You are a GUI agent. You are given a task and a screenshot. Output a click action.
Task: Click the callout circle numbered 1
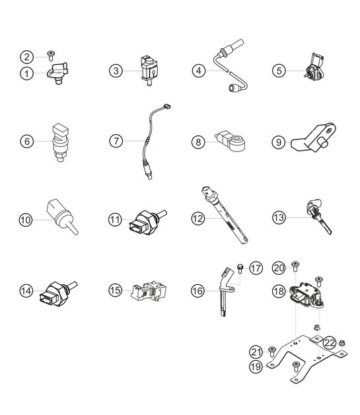tap(27, 73)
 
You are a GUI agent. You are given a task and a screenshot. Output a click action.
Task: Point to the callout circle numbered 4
tap(199, 69)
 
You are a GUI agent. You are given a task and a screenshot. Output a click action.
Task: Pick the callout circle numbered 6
tap(27, 141)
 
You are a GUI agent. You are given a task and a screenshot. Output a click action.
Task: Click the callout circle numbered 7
tap(116, 141)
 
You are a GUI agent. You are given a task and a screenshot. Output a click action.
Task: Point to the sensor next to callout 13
tap(313, 215)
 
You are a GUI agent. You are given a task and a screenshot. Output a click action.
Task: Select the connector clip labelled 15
tap(147, 291)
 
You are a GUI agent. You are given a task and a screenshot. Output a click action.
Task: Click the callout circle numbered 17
tap(256, 268)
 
